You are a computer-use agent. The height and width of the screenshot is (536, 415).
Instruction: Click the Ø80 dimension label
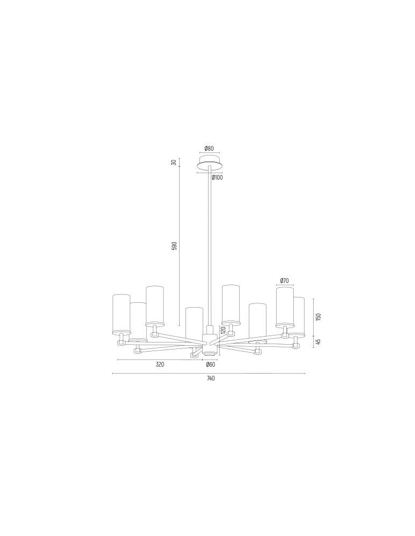tap(209, 148)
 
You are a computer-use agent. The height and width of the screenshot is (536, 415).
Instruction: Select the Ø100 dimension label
tap(217, 177)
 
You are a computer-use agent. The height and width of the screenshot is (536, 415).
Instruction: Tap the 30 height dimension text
tap(174, 162)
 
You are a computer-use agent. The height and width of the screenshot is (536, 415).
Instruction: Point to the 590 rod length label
tap(174, 247)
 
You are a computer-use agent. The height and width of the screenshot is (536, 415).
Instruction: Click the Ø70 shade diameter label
tap(285, 281)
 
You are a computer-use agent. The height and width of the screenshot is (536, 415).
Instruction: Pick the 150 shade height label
tap(318, 316)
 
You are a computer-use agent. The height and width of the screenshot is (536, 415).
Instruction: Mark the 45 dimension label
tap(318, 341)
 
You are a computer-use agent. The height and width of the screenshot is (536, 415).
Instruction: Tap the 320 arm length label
tap(160, 364)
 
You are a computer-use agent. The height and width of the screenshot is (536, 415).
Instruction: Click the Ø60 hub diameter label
tap(210, 364)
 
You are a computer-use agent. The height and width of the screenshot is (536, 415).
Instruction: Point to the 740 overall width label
tap(210, 378)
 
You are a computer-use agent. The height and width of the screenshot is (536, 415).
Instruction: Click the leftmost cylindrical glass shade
tap(121, 313)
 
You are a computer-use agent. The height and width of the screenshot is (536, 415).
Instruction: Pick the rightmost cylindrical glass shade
tap(299, 316)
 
